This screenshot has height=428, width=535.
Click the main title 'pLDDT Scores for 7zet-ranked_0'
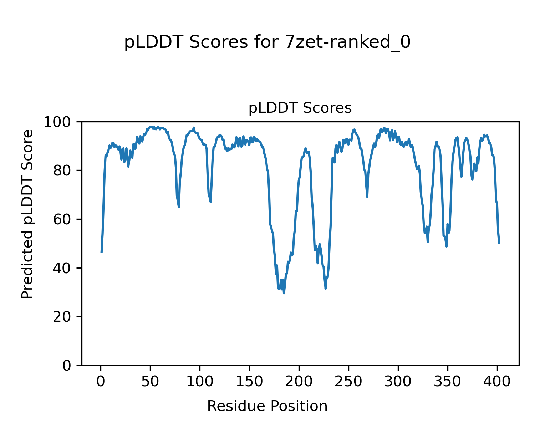pos(267,42)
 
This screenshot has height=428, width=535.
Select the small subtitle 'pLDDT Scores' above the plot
pos(300,108)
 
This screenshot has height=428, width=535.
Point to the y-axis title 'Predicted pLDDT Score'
pos(27,214)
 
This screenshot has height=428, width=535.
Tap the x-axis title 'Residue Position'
pos(267,406)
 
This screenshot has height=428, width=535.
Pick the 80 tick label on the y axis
pos(61,170)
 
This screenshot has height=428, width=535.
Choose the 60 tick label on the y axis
pos(61,219)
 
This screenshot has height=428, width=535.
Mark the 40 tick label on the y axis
pos(61,268)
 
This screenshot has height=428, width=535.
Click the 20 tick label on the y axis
pos(61,317)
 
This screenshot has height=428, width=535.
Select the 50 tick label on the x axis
pos(150,382)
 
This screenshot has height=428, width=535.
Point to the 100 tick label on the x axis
pos(200,382)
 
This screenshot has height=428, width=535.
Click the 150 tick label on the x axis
pos(249,382)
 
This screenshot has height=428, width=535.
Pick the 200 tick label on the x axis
pos(299,382)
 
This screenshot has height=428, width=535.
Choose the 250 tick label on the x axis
pos(348,382)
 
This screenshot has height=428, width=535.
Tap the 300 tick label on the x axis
pos(398,382)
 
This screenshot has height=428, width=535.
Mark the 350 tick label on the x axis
pos(447,382)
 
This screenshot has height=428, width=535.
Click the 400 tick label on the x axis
pos(497,382)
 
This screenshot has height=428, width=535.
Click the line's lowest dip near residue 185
pos(284,293)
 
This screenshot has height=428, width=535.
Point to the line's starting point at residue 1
pos(102,252)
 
